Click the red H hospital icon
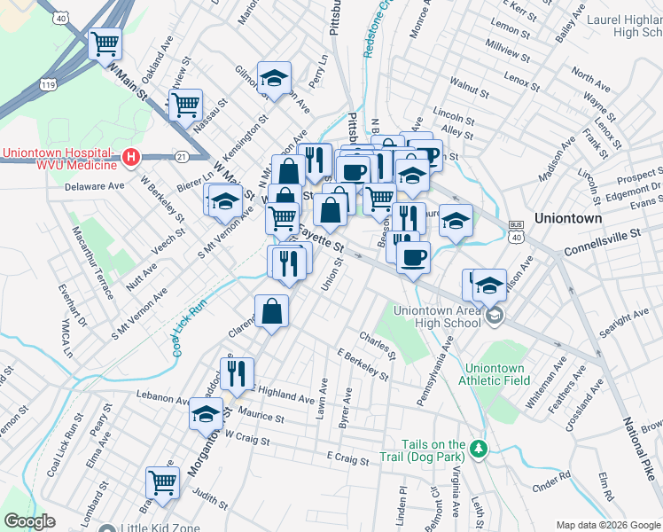tap(131, 158)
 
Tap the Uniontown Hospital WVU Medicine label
tap(59, 159)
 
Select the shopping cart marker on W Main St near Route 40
tap(105, 42)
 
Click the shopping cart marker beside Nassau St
tap(185, 105)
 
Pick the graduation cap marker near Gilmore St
tap(274, 78)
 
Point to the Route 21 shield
tap(181, 156)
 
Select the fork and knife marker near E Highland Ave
tap(237, 373)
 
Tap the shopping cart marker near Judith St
tap(162, 481)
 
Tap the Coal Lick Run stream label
tap(189, 327)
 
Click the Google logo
tap(29, 521)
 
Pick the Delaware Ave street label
tap(94, 187)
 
